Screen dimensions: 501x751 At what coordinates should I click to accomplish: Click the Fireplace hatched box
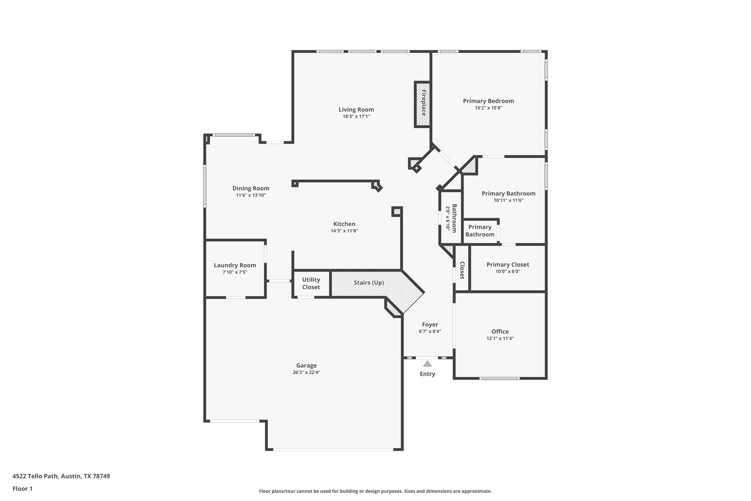pos(422,104)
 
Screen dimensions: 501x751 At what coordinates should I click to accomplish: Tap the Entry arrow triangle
pos(427,364)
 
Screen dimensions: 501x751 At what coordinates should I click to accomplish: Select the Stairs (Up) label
pos(369,283)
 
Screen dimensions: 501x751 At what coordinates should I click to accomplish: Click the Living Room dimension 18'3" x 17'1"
pos(356,116)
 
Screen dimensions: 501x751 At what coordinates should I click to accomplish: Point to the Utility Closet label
pos(311,283)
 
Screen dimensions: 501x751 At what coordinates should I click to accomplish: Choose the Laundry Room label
pos(235,265)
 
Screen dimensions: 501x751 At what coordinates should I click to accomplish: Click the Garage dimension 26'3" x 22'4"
pos(306,372)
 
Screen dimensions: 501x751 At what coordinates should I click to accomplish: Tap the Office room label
pos(500,331)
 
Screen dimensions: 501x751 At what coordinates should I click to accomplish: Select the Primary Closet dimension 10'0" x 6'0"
pos(508,272)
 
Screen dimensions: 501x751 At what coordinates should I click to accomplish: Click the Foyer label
pos(430,324)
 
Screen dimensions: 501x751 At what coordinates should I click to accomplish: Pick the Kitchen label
pos(344,224)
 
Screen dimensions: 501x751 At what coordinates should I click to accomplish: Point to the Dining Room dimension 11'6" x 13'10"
pos(251,195)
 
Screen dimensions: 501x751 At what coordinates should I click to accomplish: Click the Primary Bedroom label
pos(488,101)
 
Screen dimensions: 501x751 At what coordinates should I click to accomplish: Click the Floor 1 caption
pos(22,489)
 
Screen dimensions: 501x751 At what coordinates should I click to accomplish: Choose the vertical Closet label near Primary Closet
pos(462,270)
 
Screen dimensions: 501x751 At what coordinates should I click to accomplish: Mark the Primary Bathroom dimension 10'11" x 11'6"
pos(508,200)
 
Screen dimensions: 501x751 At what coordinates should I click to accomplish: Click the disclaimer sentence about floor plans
pos(375,491)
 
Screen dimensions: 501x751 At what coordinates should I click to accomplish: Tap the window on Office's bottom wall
pos(499,378)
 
